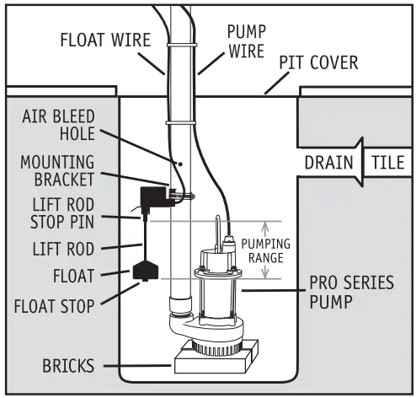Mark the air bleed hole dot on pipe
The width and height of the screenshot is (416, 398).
179,162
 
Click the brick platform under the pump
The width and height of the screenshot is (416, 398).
212,363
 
